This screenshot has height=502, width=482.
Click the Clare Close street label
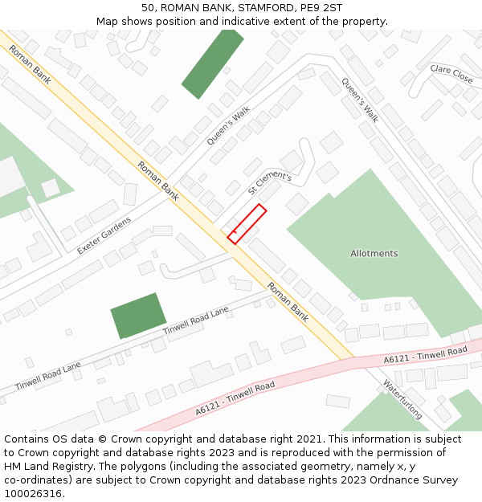tap(451, 75)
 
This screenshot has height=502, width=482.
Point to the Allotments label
tap(374, 254)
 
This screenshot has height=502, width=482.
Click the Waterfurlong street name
tap(402, 399)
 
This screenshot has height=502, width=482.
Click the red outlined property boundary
tap(247, 223)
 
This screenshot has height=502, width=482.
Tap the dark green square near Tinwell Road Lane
tap(138, 315)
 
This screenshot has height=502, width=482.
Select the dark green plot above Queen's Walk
tap(213, 63)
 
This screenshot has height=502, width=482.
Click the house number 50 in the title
tap(148, 8)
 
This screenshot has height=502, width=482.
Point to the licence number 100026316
tap(33, 494)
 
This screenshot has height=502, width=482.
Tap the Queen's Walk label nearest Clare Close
tap(359, 100)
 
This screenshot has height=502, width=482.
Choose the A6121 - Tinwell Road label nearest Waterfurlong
tap(425, 354)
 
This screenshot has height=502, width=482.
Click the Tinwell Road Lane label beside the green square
tap(196, 321)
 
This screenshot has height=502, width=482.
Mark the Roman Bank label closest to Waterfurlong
tap(288, 302)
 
